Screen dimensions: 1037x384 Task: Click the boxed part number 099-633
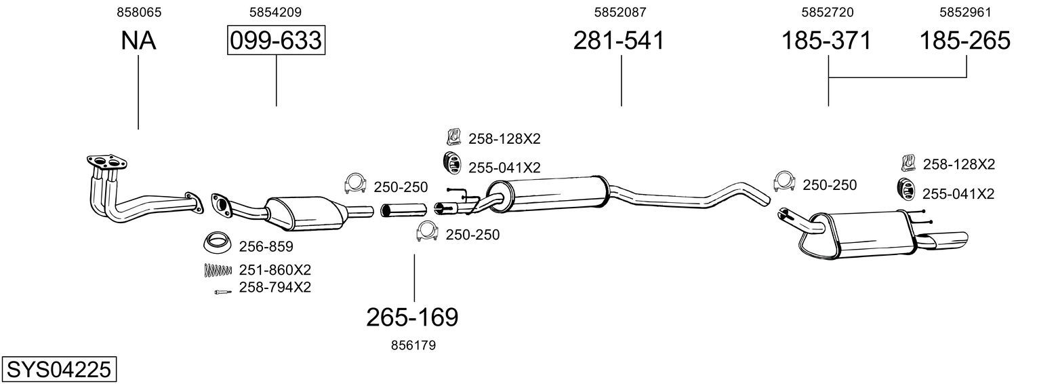click(276, 40)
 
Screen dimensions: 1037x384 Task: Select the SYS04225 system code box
click(59, 370)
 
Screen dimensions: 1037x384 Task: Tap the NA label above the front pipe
click(138, 40)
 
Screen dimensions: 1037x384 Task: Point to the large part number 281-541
click(619, 40)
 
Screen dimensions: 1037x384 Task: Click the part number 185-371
click(826, 40)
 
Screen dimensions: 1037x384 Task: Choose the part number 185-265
click(964, 40)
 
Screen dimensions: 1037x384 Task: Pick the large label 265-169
click(412, 318)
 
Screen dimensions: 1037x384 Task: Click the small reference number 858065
click(139, 12)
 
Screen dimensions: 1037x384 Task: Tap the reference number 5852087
click(620, 12)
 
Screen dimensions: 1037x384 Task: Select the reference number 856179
click(413, 345)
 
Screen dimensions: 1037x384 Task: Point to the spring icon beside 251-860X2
click(217, 270)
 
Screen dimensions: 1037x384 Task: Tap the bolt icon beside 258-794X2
click(222, 291)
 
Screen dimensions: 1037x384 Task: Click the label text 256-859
click(266, 246)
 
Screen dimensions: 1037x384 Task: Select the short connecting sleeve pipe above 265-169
click(403, 210)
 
